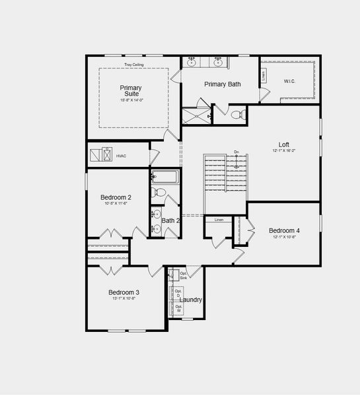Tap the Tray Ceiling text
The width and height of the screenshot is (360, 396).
click(134, 65)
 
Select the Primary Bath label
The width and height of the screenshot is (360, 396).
click(222, 84)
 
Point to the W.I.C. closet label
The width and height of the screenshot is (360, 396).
click(290, 81)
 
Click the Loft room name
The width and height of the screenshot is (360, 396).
click(284, 144)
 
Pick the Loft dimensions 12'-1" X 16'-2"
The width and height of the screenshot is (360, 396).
click(284, 151)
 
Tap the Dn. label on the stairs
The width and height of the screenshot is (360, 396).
click(236, 152)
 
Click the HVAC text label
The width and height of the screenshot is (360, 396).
click(121, 156)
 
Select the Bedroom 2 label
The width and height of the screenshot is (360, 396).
click(116, 197)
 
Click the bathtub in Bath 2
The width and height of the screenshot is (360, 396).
click(165, 177)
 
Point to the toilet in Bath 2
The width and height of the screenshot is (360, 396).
click(157, 193)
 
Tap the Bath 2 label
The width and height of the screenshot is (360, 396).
click(170, 220)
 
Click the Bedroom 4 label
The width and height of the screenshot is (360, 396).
click(284, 230)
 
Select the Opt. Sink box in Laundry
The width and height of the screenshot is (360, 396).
click(183, 275)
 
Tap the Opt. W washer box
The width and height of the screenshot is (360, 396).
click(178, 308)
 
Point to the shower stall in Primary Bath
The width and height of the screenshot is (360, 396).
click(196, 115)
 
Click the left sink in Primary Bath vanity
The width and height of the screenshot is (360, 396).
click(192, 63)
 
